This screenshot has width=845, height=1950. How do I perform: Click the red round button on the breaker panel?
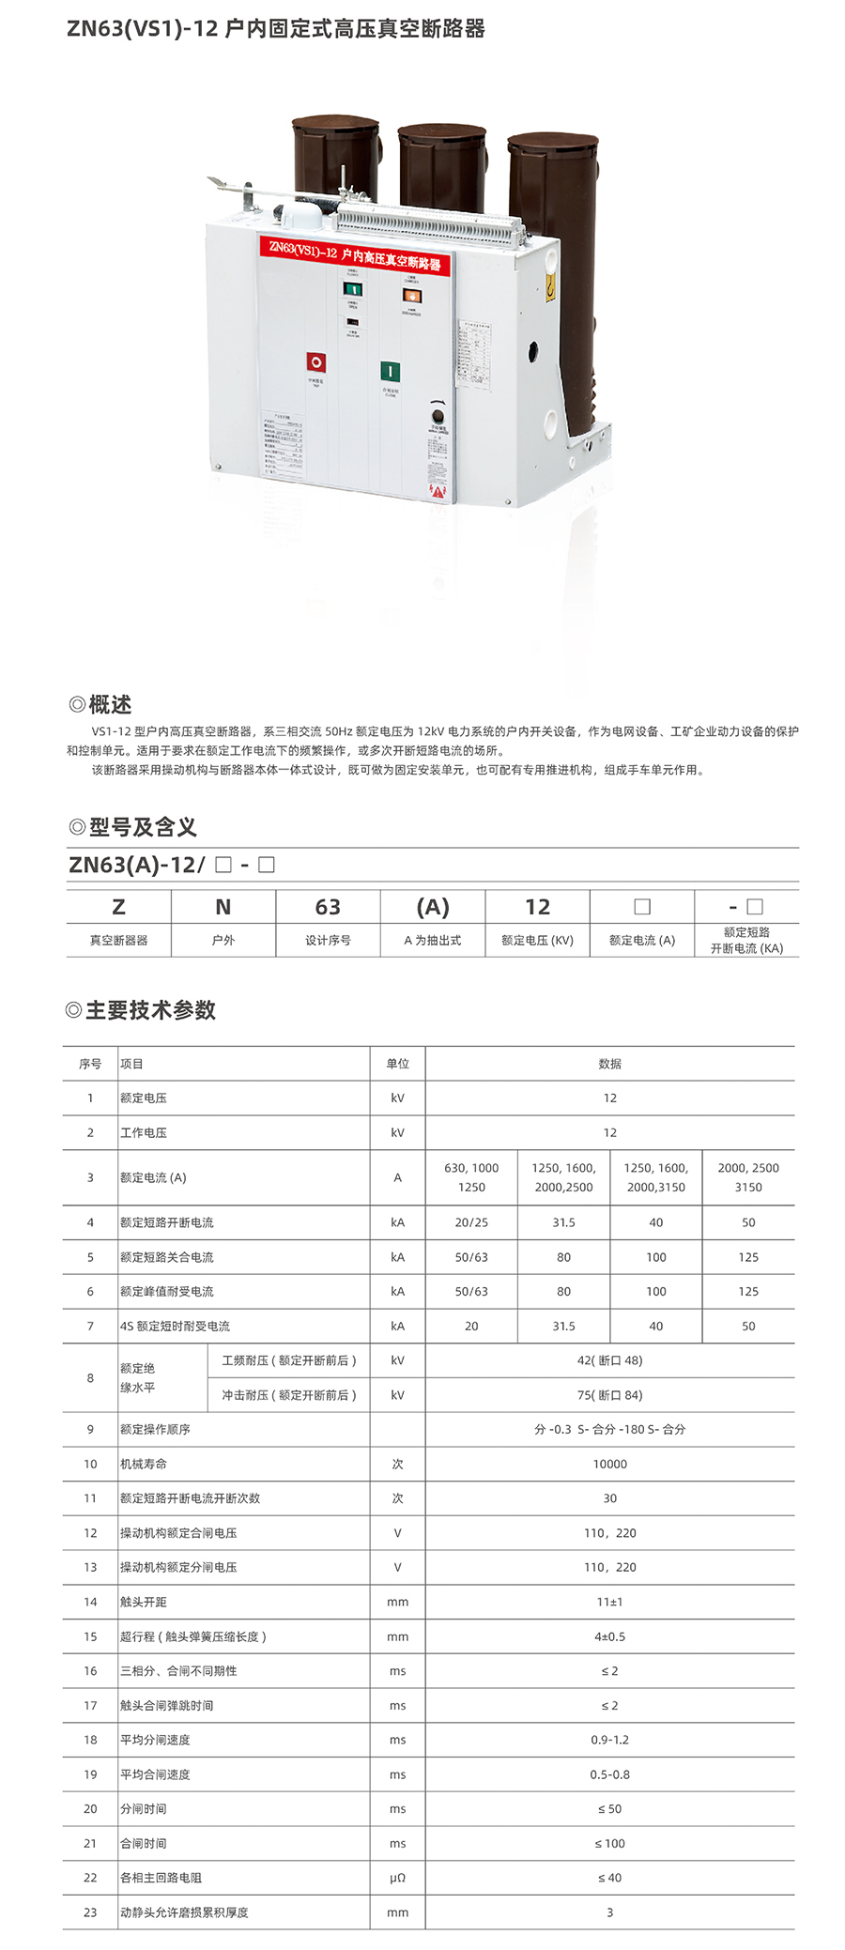tap(316, 362)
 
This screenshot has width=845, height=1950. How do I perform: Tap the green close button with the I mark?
tap(390, 372)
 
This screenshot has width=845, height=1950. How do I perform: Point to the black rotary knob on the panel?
tap(437, 416)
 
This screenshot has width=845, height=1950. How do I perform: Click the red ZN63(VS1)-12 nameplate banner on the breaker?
tap(355, 254)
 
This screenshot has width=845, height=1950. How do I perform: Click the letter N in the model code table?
tap(223, 907)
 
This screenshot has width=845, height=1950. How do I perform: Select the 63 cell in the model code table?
tap(328, 907)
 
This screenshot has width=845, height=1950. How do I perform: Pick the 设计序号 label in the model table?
tap(328, 940)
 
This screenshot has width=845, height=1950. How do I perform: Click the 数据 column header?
tap(609, 1064)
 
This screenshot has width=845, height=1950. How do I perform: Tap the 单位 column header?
tap(397, 1064)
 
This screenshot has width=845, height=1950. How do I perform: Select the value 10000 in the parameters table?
tap(609, 1464)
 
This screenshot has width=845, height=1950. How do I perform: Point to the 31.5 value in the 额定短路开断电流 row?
tap(563, 1222)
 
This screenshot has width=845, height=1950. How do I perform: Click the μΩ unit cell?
tap(397, 1878)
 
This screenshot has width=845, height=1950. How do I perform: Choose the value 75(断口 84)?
tap(609, 1395)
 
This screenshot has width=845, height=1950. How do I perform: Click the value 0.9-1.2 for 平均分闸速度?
tap(609, 1740)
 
